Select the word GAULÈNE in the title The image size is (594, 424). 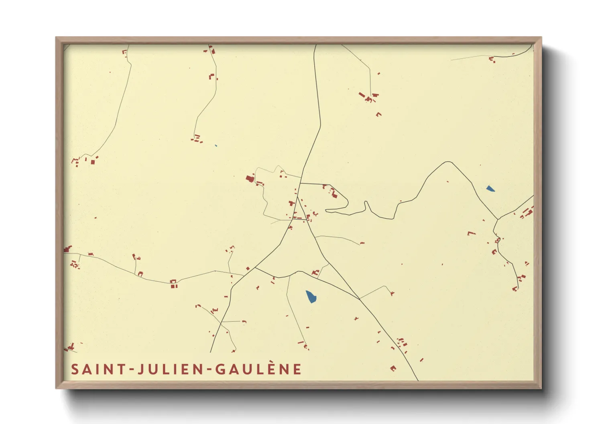pos(258,369)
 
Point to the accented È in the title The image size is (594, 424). pos(283,369)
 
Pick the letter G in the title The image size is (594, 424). pos(221,369)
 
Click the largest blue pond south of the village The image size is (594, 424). pos(311,297)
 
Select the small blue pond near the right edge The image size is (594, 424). pos(490,188)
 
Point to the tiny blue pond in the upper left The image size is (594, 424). pos(216,145)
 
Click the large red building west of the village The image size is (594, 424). pos(250,178)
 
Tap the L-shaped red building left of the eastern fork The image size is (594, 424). pos(471,233)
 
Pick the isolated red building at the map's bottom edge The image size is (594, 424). pos(393,368)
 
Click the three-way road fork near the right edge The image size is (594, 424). pos(498,219)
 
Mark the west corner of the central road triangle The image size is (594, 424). pos(256,267)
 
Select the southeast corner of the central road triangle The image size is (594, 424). pos(359,299)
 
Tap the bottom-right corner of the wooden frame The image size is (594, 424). pos(541,388)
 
